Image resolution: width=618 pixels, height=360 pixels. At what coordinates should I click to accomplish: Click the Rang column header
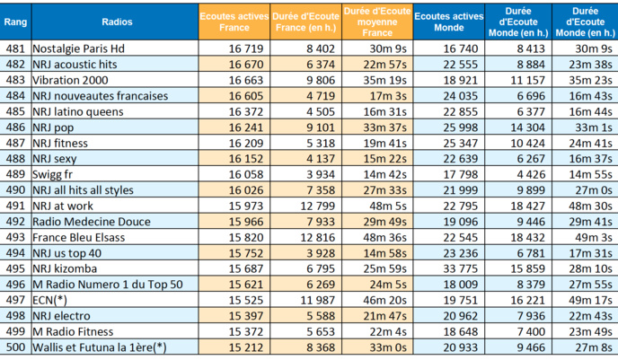pos(14,22)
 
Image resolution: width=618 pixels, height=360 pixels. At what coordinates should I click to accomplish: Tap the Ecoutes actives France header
pos(233,22)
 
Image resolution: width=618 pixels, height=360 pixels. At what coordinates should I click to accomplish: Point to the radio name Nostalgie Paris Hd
pos(83,48)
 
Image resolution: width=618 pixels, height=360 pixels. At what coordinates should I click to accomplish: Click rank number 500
pos(14,347)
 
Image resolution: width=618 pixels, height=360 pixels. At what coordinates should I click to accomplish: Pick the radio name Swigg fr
pos(56,173)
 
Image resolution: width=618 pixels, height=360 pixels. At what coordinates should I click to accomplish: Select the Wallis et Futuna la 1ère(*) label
pos(99,347)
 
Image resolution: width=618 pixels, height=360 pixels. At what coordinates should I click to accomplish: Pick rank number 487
pos(14,142)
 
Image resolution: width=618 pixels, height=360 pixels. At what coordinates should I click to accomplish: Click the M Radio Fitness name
pos(75,330)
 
